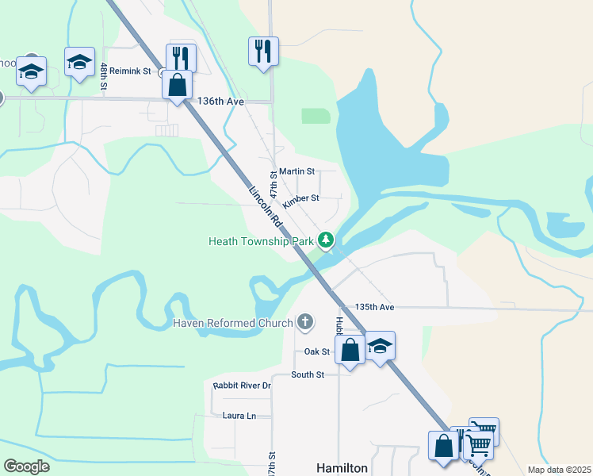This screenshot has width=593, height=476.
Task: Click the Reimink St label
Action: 130,71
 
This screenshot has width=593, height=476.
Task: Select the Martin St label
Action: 296,171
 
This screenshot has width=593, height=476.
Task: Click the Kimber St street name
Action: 300,198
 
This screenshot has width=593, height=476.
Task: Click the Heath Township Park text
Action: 259,240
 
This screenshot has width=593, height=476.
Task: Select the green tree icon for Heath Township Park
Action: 325,240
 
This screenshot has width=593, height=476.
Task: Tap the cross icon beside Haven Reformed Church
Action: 304,322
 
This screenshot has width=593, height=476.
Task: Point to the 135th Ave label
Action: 374,307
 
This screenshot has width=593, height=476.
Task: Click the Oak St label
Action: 316,351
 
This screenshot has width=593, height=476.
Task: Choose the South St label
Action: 308,374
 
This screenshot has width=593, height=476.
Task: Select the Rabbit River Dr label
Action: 242,386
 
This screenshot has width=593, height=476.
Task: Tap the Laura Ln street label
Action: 239,415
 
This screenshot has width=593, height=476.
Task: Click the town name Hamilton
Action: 342,468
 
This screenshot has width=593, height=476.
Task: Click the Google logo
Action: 26,466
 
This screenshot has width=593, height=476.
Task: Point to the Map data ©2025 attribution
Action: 559,470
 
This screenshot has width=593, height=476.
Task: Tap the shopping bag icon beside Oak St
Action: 350,349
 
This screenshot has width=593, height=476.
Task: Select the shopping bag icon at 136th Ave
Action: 178,84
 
